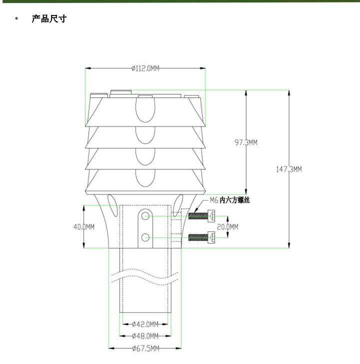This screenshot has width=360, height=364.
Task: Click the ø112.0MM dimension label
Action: pos(145,68)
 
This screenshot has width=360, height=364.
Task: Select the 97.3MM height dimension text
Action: pos(246,142)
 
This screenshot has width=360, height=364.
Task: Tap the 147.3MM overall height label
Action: pos(289,169)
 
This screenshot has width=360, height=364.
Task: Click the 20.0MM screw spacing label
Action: pos(227,227)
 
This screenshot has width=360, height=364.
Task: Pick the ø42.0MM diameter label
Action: pos(145,324)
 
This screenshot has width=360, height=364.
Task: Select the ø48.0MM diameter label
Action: pos(145,336)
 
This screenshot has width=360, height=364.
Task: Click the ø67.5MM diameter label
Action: pos(145,348)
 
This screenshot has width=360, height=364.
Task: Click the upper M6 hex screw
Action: pos(203,216)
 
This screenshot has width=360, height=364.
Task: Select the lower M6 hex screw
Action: pos(203,237)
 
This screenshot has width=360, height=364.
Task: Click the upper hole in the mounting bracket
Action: pos(145,216)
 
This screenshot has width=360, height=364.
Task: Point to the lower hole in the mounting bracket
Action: pos(145,237)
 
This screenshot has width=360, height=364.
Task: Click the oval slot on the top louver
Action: pos(145,109)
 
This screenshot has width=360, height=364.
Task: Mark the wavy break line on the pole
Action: pos(145,275)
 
